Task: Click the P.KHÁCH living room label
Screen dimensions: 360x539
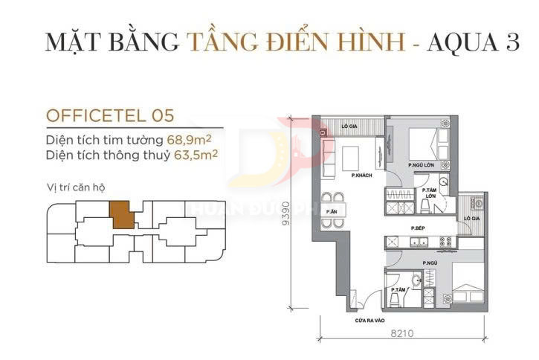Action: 362,175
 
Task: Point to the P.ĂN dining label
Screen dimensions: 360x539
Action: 338,212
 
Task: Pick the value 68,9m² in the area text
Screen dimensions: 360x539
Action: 187,139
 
